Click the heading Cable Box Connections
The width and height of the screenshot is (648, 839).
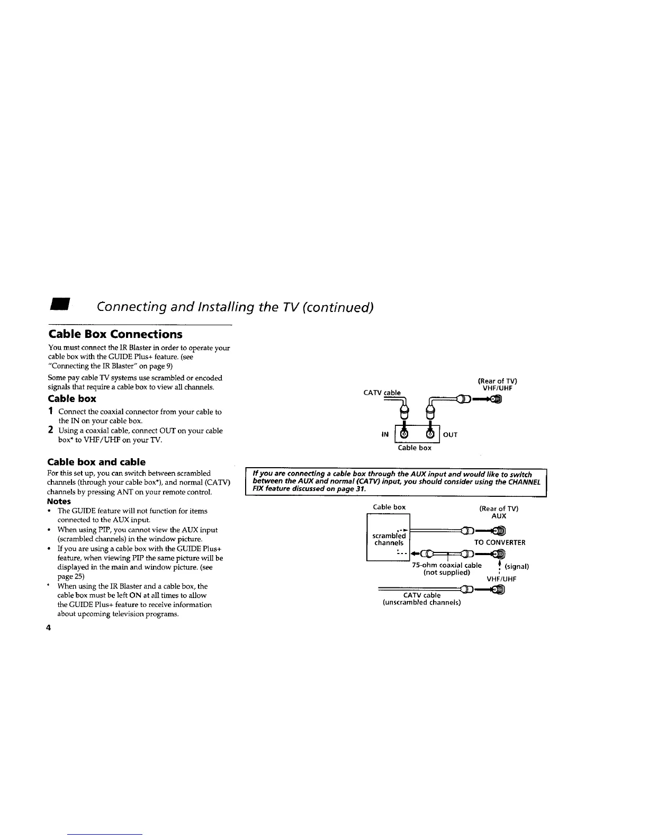(x=115, y=334)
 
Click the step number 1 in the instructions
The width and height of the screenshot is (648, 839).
(x=51, y=412)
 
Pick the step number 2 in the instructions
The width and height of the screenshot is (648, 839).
(x=51, y=431)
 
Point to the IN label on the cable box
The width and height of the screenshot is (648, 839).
(x=385, y=434)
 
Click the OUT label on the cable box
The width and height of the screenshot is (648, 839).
(x=450, y=434)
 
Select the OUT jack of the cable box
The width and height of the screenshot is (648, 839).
(x=430, y=434)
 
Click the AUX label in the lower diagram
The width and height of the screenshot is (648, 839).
(x=499, y=516)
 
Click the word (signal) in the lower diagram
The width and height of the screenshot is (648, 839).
(x=517, y=566)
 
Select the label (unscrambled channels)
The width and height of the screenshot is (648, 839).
(x=421, y=603)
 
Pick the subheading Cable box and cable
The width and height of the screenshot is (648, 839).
(x=96, y=462)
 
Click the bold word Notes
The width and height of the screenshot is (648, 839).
(x=59, y=501)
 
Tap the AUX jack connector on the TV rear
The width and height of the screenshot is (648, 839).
(x=499, y=530)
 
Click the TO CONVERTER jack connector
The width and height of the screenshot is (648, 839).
(x=499, y=555)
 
